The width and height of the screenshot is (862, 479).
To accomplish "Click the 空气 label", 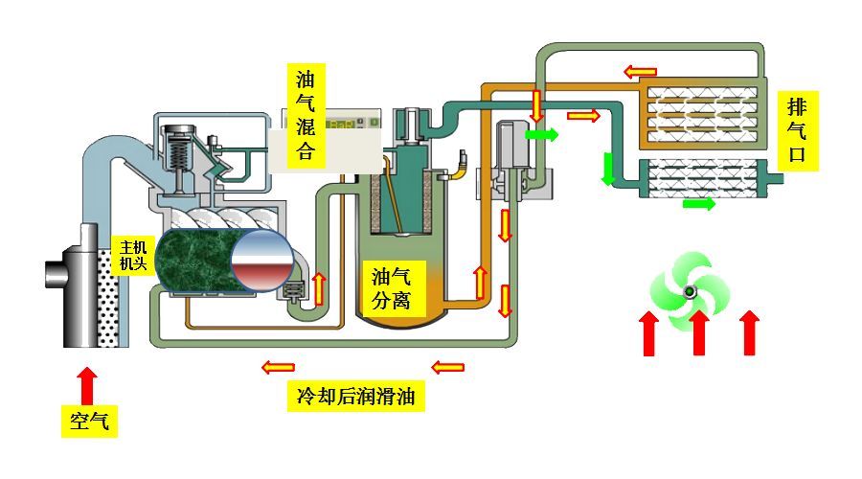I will [x=90, y=421].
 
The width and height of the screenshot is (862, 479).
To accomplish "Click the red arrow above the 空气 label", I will [x=88, y=384].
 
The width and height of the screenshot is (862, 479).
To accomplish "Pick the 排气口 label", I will [x=798, y=130].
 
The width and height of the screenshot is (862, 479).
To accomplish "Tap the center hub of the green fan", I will [x=688, y=292].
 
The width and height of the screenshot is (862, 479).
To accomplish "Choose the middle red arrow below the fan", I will [x=700, y=332].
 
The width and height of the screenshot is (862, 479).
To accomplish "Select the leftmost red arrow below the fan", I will [x=649, y=332].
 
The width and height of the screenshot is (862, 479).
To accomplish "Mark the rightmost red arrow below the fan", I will [x=750, y=332].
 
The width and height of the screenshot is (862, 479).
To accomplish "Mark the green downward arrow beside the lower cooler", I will [x=607, y=170].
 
